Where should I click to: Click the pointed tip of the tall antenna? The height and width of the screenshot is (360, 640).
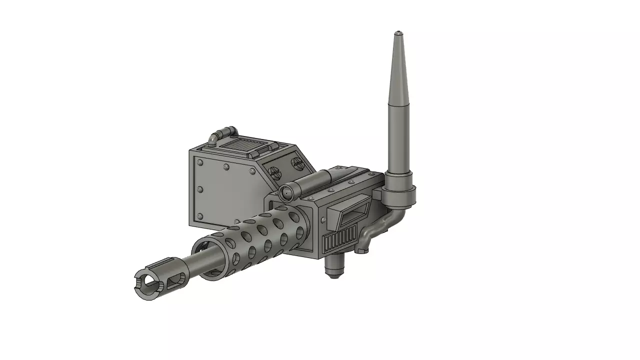tap(398, 33)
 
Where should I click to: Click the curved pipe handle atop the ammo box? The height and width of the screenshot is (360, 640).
tap(221, 133)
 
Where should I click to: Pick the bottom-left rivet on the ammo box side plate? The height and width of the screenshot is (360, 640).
tap(200, 216)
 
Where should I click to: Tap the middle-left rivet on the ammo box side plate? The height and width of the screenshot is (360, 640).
tap(199, 189)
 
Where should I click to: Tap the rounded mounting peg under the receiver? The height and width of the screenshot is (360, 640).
tap(334, 267)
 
